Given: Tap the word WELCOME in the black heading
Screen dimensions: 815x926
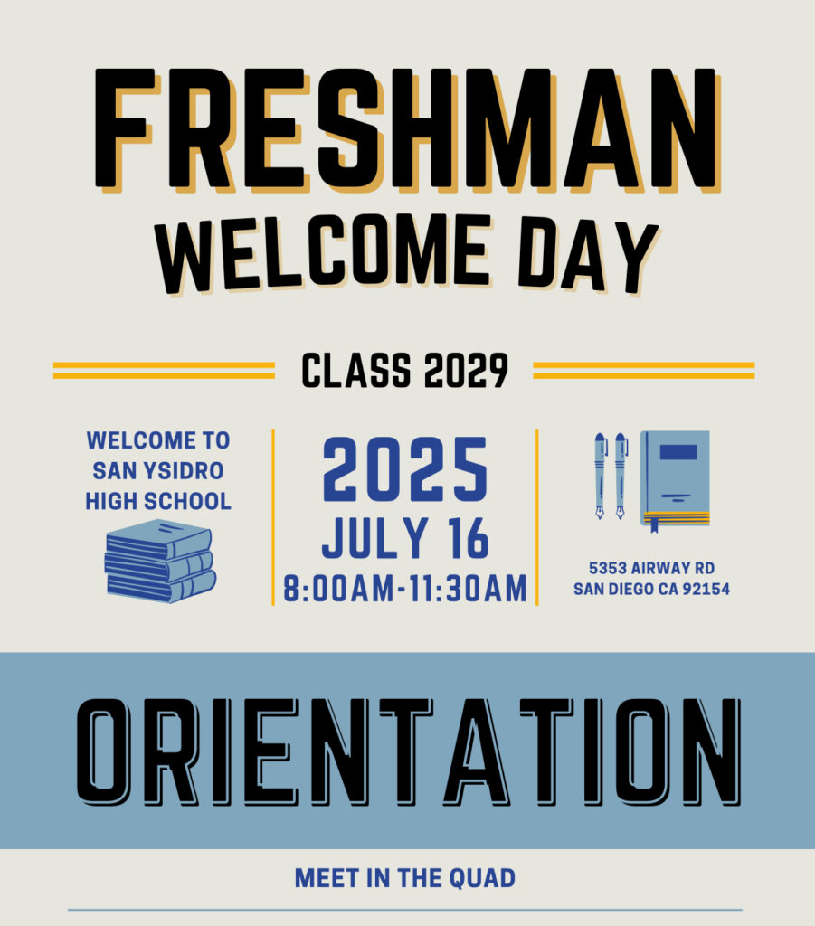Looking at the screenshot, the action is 323,254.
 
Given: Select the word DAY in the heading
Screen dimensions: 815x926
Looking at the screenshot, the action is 588,255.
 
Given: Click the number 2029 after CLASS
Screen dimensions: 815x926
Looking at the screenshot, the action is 466,370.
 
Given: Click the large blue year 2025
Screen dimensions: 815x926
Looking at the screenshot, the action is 405,469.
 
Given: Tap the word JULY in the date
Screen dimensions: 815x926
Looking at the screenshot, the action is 375,538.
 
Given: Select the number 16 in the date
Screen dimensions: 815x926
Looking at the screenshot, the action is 469,538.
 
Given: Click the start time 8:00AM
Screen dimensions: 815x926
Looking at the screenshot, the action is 338,589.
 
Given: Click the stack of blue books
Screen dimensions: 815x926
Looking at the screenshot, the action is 160,561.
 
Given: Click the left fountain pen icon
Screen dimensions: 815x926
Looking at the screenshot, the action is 600,476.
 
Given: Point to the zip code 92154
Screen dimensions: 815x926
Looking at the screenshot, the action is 706,589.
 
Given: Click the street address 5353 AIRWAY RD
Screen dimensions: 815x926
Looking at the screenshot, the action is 651,568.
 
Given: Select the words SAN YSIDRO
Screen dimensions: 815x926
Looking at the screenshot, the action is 158,470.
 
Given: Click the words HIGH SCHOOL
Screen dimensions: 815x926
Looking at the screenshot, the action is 158,501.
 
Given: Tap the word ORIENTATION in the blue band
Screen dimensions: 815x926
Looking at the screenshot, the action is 408,751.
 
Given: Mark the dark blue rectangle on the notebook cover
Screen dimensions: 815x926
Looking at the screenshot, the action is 678,452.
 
